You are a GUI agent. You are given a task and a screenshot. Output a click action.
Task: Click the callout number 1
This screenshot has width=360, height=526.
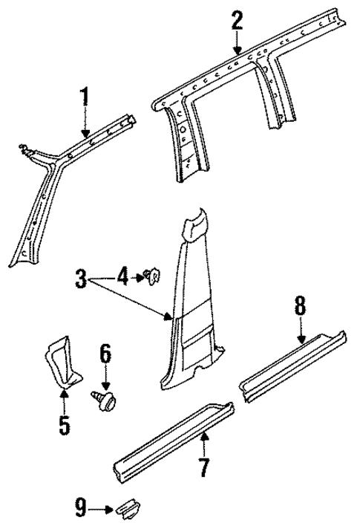(x=85, y=97)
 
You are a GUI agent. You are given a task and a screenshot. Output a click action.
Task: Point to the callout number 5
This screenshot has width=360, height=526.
(x=64, y=425)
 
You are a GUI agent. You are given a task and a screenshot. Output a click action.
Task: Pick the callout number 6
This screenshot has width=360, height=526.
(x=105, y=355)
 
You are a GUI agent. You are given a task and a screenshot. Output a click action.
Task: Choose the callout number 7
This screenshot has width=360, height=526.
(x=203, y=468)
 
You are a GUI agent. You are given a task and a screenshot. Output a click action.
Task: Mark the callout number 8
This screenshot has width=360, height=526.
(x=300, y=305)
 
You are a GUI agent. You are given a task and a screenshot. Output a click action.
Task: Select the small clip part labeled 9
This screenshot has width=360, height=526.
(x=126, y=509)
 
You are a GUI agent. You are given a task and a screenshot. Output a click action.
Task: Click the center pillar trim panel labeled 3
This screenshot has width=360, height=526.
(x=194, y=305)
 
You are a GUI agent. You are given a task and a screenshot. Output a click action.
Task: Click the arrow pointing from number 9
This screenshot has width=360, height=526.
(x=99, y=509)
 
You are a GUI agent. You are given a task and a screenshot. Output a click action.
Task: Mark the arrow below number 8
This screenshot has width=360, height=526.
(x=300, y=330)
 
